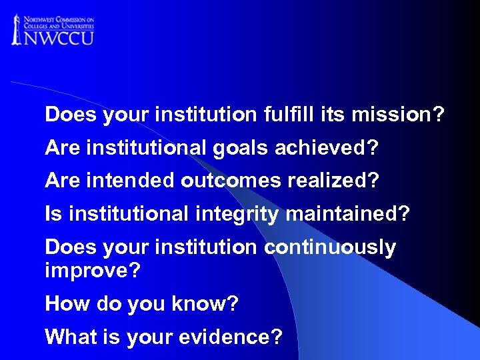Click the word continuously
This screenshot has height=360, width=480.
(330, 247)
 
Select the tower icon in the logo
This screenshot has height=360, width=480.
(17, 29)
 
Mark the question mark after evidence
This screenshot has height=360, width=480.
(277, 337)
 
